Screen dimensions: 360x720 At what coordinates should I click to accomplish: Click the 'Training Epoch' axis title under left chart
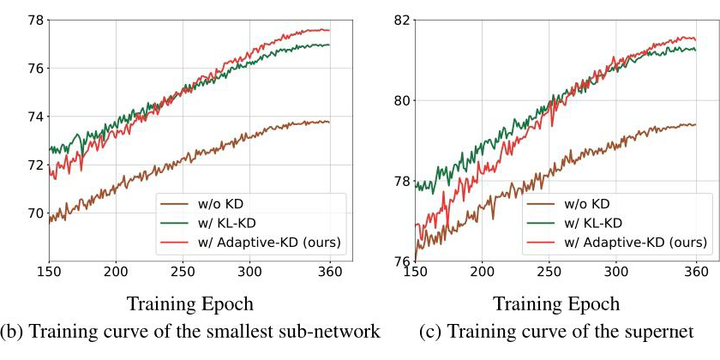(x=189, y=304)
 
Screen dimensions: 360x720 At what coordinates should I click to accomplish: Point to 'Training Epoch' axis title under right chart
(x=555, y=304)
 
